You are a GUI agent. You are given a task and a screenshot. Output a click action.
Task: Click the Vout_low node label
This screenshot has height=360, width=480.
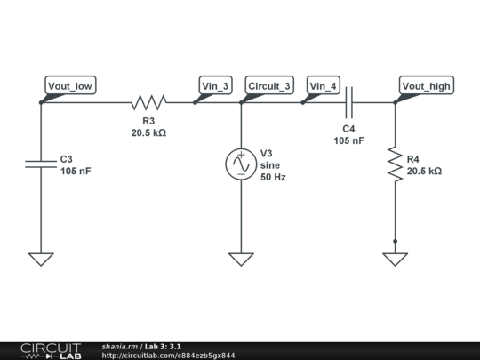(70, 86)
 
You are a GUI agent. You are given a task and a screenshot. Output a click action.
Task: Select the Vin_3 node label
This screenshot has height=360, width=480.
(215, 86)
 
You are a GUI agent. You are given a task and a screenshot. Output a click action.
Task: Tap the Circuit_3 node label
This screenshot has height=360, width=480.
(268, 86)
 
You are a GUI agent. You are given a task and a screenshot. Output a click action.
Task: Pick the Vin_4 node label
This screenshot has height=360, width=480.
(324, 86)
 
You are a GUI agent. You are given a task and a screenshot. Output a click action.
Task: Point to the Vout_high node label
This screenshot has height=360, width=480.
(427, 86)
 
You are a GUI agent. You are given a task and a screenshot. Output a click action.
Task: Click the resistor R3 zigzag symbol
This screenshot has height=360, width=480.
(148, 102)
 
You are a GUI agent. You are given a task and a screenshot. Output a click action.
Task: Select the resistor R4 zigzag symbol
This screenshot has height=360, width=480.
(396, 165)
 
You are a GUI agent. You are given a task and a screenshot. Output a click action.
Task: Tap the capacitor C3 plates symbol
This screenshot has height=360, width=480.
(41, 164)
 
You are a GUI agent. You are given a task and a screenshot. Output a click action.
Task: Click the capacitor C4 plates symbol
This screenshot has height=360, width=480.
(350, 102)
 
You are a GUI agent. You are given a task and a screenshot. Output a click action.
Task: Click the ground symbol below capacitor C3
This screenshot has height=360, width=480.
(41, 259)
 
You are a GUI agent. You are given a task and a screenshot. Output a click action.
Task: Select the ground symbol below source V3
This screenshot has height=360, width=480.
(241, 259)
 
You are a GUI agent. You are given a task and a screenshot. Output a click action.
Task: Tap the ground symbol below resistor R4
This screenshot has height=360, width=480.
(396, 259)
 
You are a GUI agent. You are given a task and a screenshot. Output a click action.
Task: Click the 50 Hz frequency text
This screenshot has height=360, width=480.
(273, 178)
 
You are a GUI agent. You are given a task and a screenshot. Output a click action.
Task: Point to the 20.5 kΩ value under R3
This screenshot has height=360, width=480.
(148, 132)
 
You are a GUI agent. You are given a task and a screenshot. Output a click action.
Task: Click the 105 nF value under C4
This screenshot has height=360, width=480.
(349, 140)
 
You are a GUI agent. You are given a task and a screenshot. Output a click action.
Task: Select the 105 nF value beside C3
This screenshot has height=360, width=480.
(76, 171)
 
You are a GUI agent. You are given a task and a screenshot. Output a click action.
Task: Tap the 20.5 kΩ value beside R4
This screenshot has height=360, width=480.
(424, 171)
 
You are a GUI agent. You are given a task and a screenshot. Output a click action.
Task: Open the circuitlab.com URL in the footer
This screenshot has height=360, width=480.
(169, 356)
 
